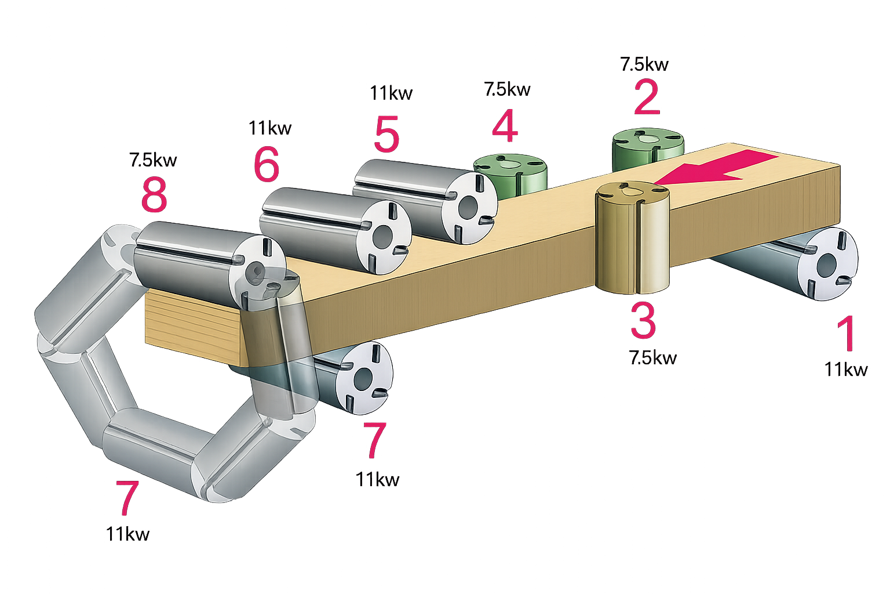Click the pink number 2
click(647, 97)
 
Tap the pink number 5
click(386, 134)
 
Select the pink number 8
click(154, 194)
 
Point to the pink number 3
click(643, 321)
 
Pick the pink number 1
click(847, 334)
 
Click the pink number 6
click(266, 164)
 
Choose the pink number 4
click(505, 126)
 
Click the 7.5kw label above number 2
click(644, 64)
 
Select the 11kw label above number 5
click(391, 93)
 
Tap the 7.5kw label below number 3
click(653, 358)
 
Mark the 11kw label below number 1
click(847, 370)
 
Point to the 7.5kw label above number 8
click(153, 160)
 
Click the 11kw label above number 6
click(270, 128)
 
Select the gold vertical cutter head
click(633, 237)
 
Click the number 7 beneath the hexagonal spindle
click(127, 498)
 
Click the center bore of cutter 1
click(826, 265)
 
